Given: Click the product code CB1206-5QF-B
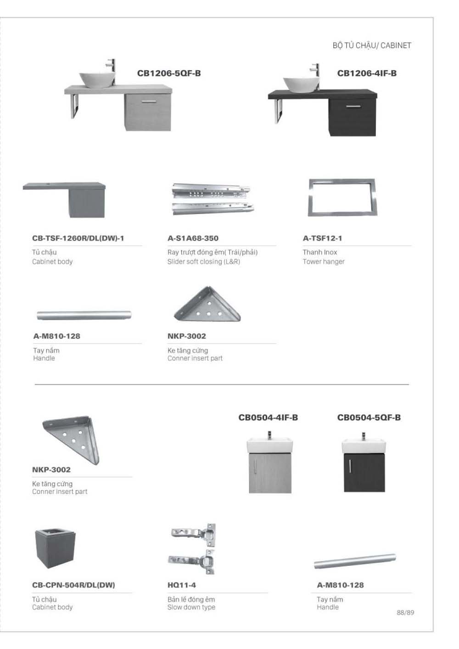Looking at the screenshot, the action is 169,73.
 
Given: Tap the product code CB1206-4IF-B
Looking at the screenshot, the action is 367,73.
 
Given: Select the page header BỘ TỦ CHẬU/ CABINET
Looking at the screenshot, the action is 372,45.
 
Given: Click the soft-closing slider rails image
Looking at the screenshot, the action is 212,199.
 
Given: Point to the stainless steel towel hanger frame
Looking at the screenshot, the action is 341,197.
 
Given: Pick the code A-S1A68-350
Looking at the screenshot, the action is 193,238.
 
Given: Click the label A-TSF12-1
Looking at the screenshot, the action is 322,238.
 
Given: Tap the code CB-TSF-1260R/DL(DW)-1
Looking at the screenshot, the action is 78,238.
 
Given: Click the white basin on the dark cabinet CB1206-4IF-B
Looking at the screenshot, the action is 301,84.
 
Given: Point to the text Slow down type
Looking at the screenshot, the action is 191,607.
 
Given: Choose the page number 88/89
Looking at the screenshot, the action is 405,612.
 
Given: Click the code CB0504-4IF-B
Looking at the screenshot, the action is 268,418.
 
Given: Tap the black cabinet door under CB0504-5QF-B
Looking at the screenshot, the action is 364,472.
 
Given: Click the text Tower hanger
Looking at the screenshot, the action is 324,262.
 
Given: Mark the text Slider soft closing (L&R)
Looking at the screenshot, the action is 204,262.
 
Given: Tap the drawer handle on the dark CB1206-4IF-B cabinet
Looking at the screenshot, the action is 353,107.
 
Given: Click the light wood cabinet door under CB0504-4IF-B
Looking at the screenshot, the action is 270,473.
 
